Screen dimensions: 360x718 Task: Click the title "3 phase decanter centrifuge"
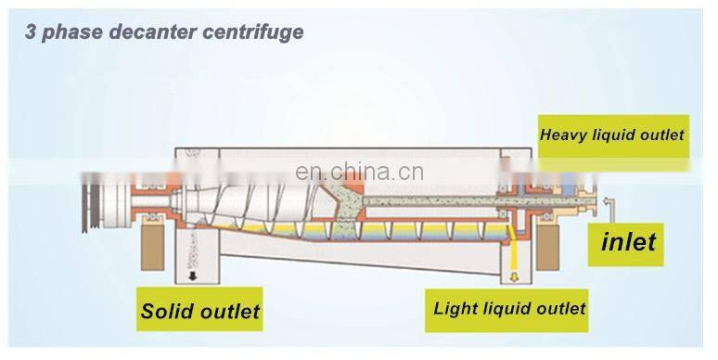point(163,32)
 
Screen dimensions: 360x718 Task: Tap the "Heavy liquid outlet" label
point(611,135)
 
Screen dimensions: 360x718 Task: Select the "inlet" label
point(628,243)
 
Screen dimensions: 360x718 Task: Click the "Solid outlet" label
point(200,311)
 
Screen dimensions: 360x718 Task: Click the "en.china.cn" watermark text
point(358,172)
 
